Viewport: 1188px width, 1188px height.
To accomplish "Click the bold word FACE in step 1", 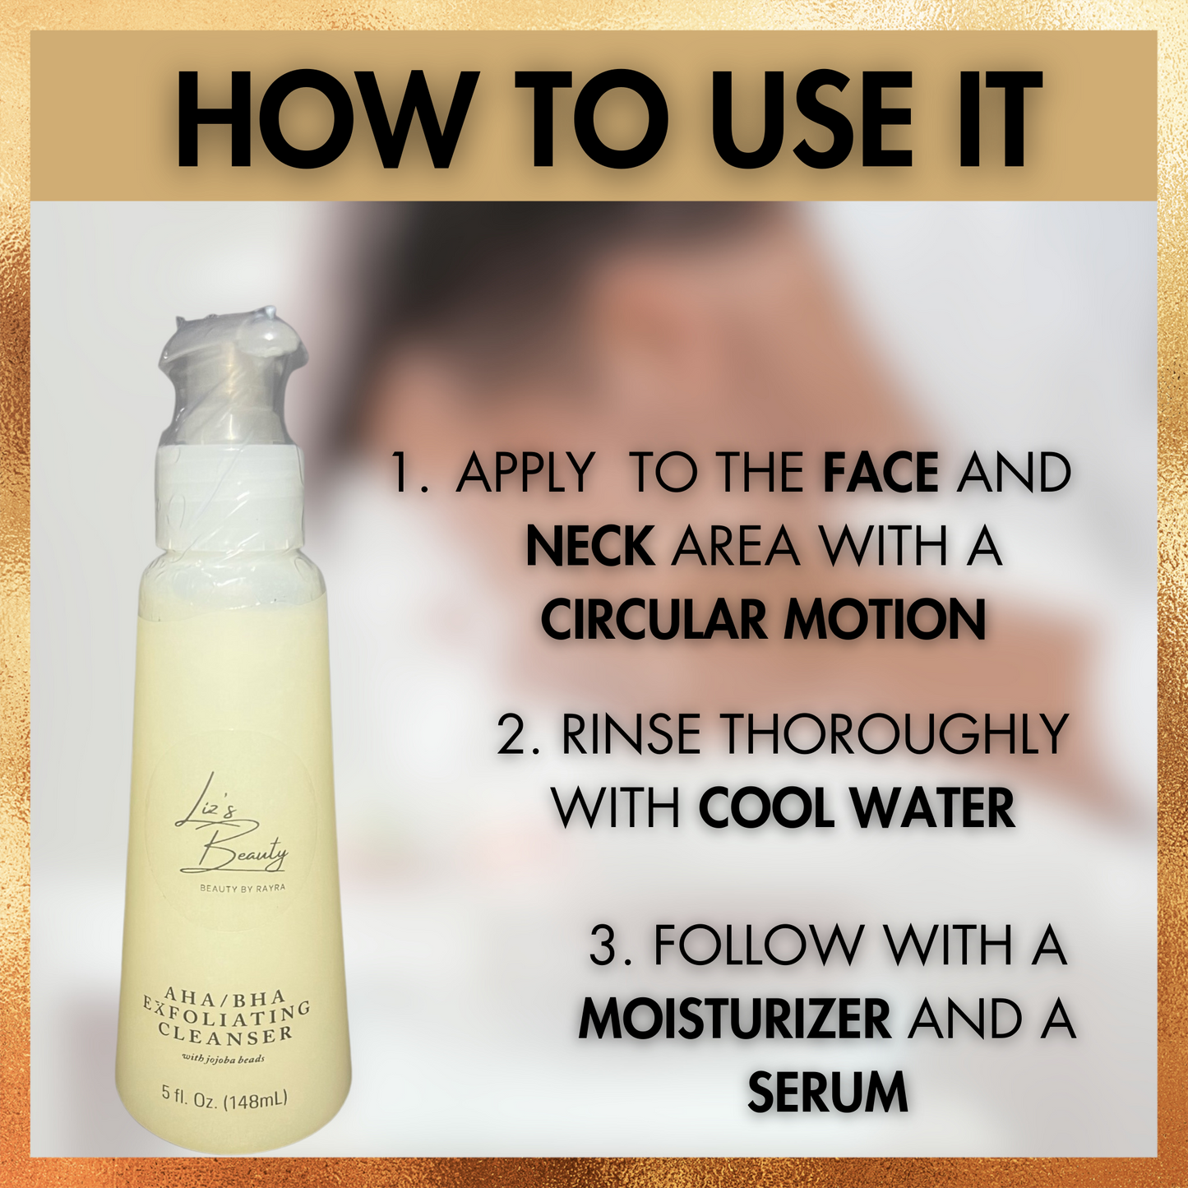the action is pyautogui.click(x=881, y=472).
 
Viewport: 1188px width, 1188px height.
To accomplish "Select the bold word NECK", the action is pyautogui.click(x=590, y=546).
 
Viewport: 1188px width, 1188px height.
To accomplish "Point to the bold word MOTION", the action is pyautogui.click(x=884, y=620).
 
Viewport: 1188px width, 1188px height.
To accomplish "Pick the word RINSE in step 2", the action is pyautogui.click(x=631, y=734).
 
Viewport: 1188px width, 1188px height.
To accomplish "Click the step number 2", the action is pyautogui.click(x=511, y=734).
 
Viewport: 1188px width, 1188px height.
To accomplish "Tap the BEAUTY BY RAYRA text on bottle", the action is pyautogui.click(x=243, y=888).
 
